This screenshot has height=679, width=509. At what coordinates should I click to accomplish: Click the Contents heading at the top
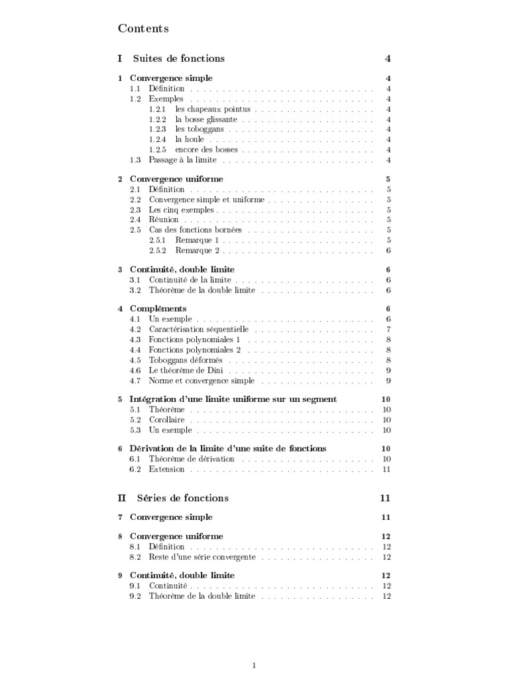[143, 29]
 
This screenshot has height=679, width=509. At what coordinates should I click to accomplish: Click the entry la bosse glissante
[206, 119]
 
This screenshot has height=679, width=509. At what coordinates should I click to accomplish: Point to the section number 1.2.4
[157, 139]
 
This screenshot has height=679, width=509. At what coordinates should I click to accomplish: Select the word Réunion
[164, 219]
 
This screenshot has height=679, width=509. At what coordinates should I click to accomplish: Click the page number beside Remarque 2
[388, 251]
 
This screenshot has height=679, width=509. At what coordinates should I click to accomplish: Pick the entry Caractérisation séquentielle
[199, 329]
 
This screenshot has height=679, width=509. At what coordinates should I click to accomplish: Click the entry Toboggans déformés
[186, 360]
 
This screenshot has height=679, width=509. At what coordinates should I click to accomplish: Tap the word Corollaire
[167, 420]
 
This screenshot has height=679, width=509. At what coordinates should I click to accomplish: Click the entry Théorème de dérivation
[192, 459]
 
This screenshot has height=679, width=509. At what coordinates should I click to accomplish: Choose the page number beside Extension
[387, 469]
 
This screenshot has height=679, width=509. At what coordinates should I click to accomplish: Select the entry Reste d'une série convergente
[202, 557]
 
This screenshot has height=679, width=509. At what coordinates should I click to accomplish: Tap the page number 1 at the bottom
[254, 664]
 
